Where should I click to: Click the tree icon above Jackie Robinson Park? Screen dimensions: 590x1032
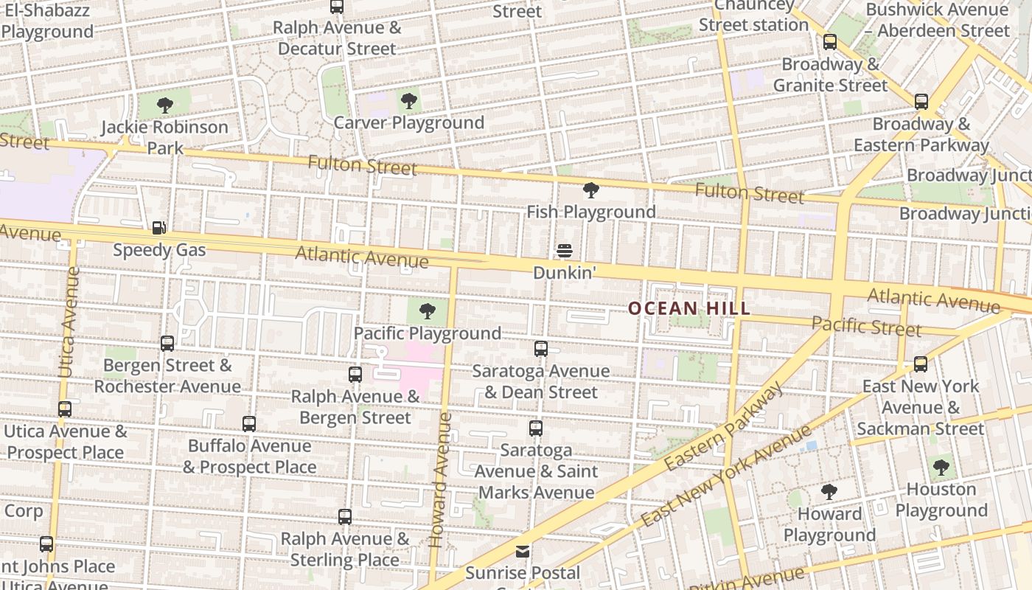pyautogui.click(x=165, y=105)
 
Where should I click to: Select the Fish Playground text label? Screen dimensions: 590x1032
pyautogui.click(x=590, y=212)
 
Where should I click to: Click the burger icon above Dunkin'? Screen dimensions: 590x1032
pyautogui.click(x=565, y=251)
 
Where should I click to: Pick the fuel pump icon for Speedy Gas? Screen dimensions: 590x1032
pyautogui.click(x=158, y=228)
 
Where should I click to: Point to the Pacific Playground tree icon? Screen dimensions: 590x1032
pyautogui.click(x=427, y=311)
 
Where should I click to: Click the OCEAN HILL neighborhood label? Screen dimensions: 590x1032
pyautogui.click(x=689, y=309)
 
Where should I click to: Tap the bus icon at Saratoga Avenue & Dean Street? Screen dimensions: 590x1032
pyautogui.click(x=541, y=349)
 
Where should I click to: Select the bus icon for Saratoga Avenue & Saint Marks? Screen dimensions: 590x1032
pyautogui.click(x=536, y=428)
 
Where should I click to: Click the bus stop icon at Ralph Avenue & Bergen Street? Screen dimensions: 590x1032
pyautogui.click(x=355, y=375)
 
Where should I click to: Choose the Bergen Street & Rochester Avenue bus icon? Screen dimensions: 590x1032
pyautogui.click(x=167, y=343)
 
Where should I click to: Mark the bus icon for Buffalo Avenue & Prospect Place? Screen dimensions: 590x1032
pyautogui.click(x=249, y=424)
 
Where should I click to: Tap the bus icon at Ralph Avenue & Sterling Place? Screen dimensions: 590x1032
pyautogui.click(x=345, y=517)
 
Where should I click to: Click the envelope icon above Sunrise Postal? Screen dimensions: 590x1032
pyautogui.click(x=523, y=551)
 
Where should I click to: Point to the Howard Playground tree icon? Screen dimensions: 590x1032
pyautogui.click(x=829, y=492)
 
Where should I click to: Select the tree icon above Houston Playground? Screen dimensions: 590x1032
pyautogui.click(x=941, y=467)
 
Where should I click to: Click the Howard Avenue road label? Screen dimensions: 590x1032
pyautogui.click(x=439, y=479)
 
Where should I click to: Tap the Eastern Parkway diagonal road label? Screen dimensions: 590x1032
pyautogui.click(x=723, y=427)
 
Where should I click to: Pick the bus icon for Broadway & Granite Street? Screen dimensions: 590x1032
pyautogui.click(x=830, y=42)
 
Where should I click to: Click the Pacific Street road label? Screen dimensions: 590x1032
pyautogui.click(x=856, y=324)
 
